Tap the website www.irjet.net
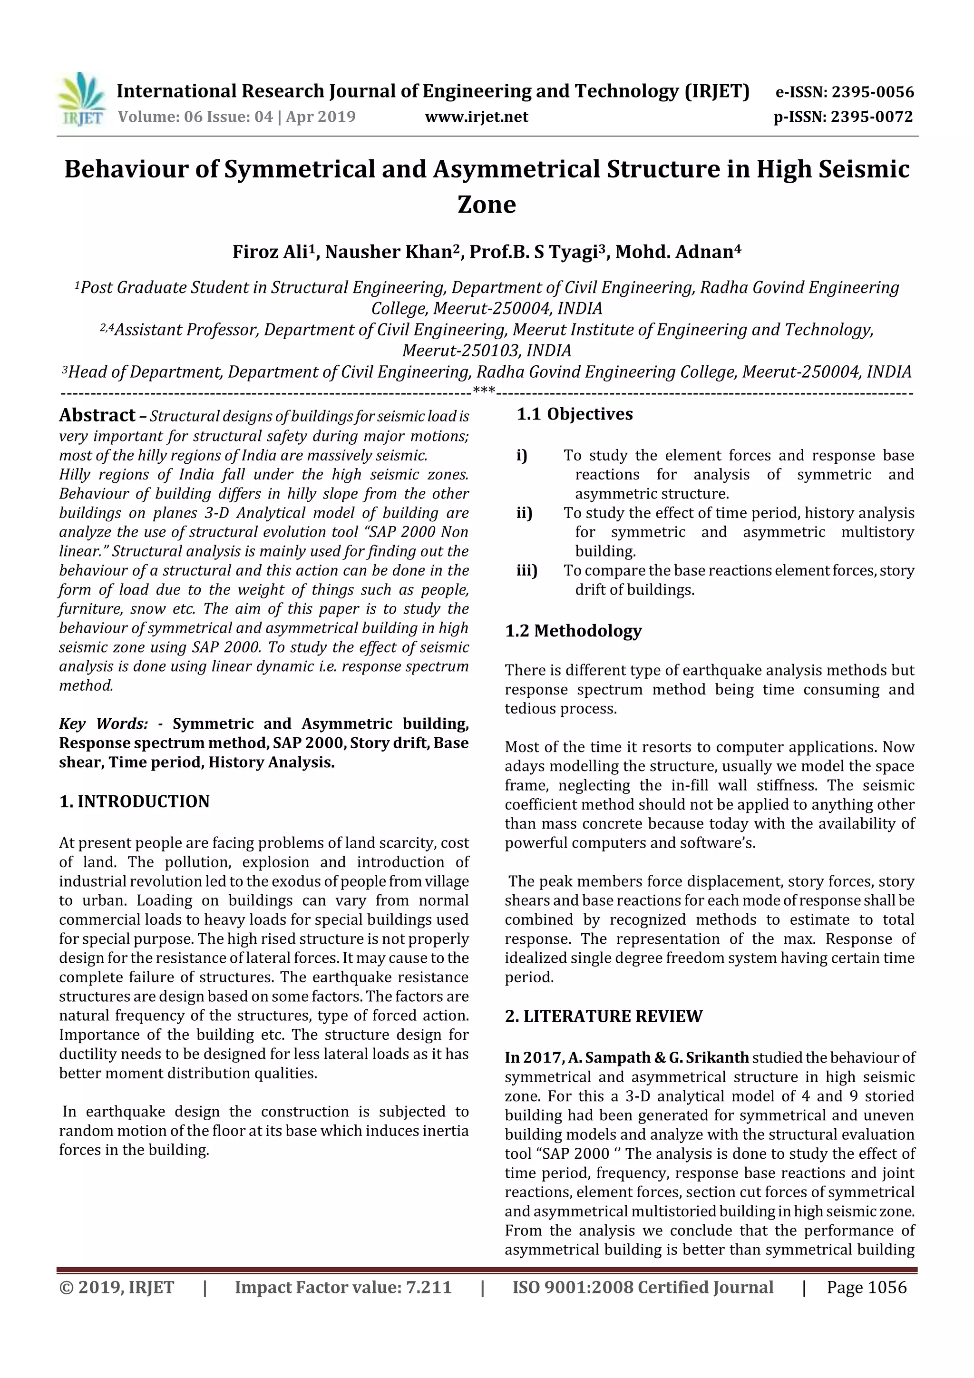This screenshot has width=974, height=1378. (477, 117)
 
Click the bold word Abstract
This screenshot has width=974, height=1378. (97, 415)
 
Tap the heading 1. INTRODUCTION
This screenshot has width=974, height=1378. (135, 802)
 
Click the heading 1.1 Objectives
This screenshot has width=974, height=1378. (575, 414)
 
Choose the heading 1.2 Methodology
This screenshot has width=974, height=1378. (573, 631)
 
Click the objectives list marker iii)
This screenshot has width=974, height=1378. (527, 570)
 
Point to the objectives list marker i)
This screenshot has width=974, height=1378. (522, 456)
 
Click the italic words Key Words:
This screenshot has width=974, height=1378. (103, 724)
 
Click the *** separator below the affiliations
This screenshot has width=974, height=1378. (484, 391)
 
